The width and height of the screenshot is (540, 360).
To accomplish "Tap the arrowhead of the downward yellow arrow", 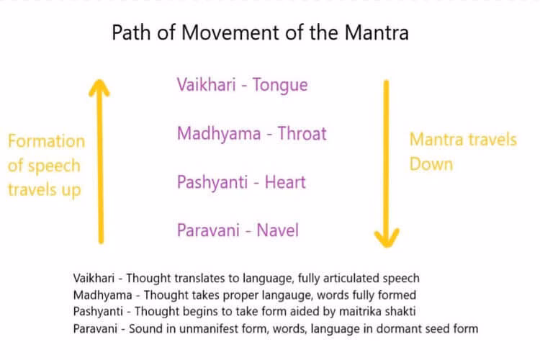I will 386,235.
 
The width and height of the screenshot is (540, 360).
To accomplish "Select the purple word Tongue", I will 279,85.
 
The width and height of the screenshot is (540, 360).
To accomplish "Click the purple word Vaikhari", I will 206,85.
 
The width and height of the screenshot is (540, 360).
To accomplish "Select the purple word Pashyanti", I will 210,182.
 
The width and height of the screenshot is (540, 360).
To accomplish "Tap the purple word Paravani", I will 207,230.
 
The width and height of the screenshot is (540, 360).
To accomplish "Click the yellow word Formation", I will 46,141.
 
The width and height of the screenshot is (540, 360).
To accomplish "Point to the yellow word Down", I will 431,164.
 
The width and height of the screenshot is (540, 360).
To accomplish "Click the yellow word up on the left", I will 70,190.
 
